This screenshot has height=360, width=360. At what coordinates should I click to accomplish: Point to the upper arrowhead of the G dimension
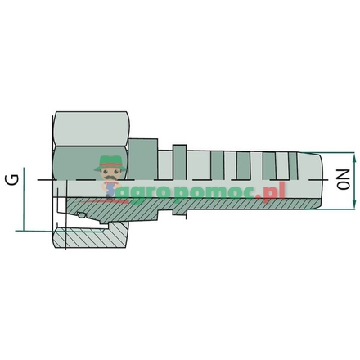(25, 171)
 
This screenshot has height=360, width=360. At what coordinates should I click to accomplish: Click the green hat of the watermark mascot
(110, 162)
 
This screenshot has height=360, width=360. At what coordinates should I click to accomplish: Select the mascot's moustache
(110, 177)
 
